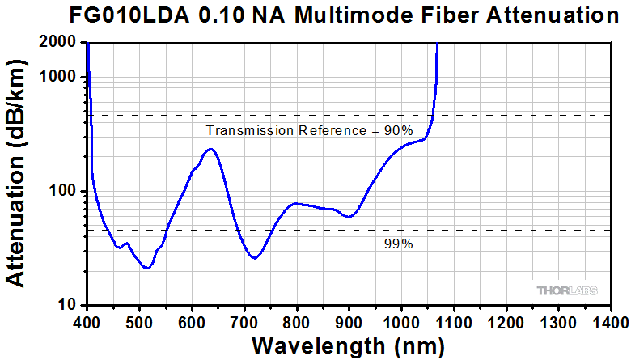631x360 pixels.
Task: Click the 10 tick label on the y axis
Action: pos(67,305)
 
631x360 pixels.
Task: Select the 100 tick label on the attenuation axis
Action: pos(63,191)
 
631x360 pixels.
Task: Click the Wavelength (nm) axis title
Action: pos(348,345)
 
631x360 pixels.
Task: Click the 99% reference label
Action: pos(398,244)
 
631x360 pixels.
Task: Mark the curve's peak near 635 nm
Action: pos(210,149)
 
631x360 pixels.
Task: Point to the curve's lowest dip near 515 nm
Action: pos(146,268)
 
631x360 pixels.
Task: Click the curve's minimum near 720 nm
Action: pos(254,258)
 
